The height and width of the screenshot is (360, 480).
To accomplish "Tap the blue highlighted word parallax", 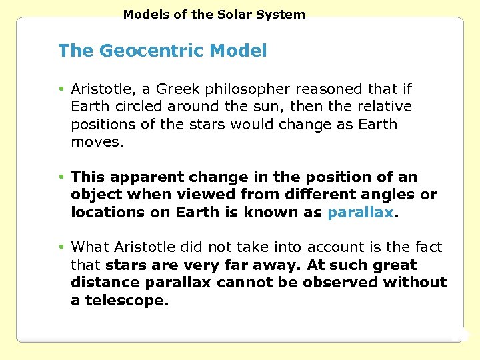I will pos(360,213).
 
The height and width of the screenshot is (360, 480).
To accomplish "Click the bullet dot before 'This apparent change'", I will pos(61,177).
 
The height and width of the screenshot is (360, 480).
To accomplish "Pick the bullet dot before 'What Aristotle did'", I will pos(61,247).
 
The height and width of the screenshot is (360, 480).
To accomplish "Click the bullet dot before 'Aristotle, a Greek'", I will pos(61,89).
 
